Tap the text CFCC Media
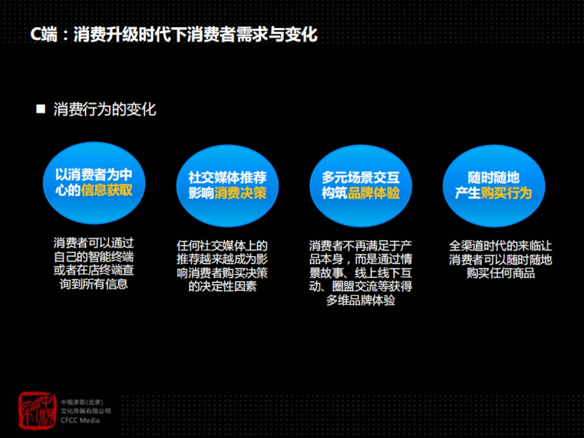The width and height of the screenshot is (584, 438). (x=80, y=420)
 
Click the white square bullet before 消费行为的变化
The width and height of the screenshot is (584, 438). (x=41, y=109)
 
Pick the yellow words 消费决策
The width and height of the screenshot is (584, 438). (x=240, y=193)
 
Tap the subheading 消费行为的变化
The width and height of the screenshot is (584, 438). (x=105, y=109)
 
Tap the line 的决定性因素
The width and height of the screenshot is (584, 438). (x=222, y=286)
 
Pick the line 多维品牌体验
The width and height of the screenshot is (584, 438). (x=361, y=300)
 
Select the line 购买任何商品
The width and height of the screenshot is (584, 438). (x=500, y=273)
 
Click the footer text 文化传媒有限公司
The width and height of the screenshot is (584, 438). (x=86, y=411)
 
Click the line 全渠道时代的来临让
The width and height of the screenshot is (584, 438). (x=500, y=246)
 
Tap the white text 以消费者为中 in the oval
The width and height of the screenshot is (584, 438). (x=93, y=174)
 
